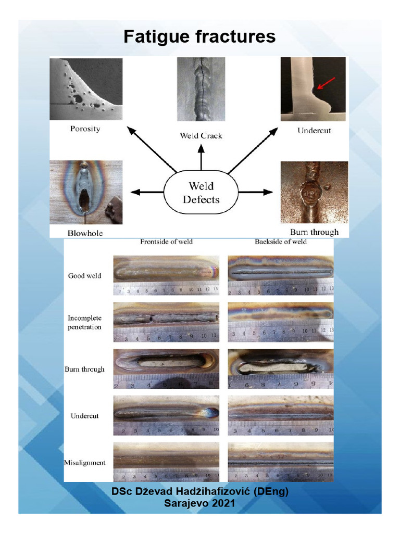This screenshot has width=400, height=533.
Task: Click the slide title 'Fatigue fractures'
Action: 199,36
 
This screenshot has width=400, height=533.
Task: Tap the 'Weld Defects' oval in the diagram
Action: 201,193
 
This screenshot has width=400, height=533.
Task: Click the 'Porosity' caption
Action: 85,129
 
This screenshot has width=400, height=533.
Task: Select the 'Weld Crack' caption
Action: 201,135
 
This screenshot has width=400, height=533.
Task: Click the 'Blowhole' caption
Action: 85,233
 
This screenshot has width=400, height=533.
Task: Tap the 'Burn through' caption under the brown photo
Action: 314,232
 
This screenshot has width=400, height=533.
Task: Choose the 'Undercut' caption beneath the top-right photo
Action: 314,131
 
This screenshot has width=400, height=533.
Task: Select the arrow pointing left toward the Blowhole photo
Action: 146,192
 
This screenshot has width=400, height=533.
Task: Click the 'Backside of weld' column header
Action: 280,242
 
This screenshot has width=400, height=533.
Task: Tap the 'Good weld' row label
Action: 84,275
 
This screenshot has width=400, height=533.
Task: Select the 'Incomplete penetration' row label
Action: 84,322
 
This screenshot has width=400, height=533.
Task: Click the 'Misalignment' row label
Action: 84,462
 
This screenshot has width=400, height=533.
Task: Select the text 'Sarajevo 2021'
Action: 199,503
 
